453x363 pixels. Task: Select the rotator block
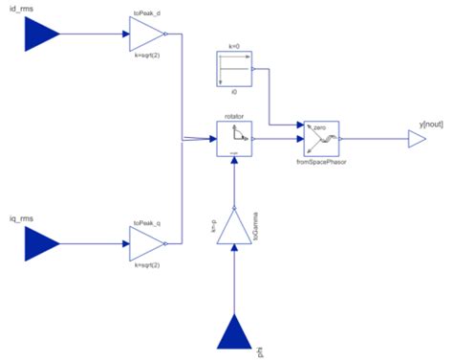234,140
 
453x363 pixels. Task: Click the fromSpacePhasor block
319,140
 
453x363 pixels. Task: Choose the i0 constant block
233,73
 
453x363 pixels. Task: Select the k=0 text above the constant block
233,48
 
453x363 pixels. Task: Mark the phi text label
260,354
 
